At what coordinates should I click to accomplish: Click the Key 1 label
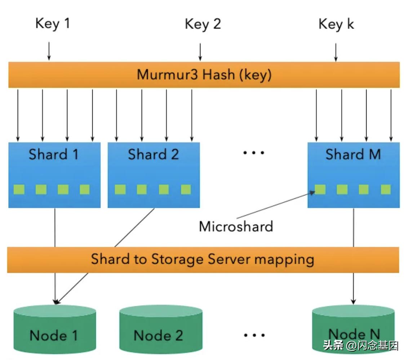52,23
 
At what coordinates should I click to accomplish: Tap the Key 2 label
203,24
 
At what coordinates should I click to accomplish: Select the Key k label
336,24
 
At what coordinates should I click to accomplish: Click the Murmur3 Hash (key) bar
204,75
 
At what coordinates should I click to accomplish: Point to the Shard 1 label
54,154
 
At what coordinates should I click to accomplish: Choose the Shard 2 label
154,154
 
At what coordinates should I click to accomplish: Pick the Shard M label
353,154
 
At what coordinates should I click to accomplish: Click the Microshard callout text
236,226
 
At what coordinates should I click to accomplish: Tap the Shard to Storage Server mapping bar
203,259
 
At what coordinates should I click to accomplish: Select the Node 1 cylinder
54,330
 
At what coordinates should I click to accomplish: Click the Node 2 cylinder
160,330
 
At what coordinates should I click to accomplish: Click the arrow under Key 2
200,52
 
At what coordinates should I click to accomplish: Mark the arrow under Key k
336,52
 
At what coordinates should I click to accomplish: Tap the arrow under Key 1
49,52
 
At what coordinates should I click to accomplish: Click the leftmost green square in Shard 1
19,189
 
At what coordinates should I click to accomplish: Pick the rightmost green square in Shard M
386,189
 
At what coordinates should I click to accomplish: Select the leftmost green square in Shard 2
120,189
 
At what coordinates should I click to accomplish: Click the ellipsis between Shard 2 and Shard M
254,153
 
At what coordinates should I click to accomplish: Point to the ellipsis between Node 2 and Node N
254,335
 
